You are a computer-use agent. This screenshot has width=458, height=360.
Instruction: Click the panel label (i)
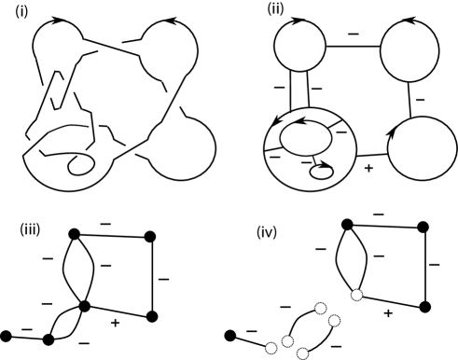(x=21, y=11)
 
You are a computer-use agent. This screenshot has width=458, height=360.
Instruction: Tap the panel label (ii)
(x=275, y=9)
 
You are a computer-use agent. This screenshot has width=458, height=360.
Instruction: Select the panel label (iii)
(x=30, y=230)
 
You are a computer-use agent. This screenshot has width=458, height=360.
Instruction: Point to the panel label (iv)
(x=267, y=232)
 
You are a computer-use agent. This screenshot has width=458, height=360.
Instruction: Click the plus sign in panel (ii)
(x=368, y=168)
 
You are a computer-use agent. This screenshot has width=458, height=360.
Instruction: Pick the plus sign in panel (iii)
(x=115, y=323)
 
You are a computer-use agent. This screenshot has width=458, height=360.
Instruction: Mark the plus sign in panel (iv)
(x=388, y=313)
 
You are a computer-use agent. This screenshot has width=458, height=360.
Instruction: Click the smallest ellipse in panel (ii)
(x=322, y=173)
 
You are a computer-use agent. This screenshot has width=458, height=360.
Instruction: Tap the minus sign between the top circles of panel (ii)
(x=354, y=34)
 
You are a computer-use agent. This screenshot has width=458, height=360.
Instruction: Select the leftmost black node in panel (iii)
(x=6, y=336)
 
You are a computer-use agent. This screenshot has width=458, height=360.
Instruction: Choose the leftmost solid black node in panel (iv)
(x=230, y=336)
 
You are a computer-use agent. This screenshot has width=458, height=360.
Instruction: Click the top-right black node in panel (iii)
(x=150, y=237)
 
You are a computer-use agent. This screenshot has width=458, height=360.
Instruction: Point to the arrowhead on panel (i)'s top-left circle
(x=57, y=20)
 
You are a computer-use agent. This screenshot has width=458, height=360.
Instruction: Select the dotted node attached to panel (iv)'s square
(x=357, y=295)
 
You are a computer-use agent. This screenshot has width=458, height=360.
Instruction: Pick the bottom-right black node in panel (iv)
(x=425, y=307)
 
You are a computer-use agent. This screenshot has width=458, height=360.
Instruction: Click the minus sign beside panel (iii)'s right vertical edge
(x=163, y=279)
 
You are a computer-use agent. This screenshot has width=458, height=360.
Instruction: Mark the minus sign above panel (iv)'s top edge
(x=379, y=215)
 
